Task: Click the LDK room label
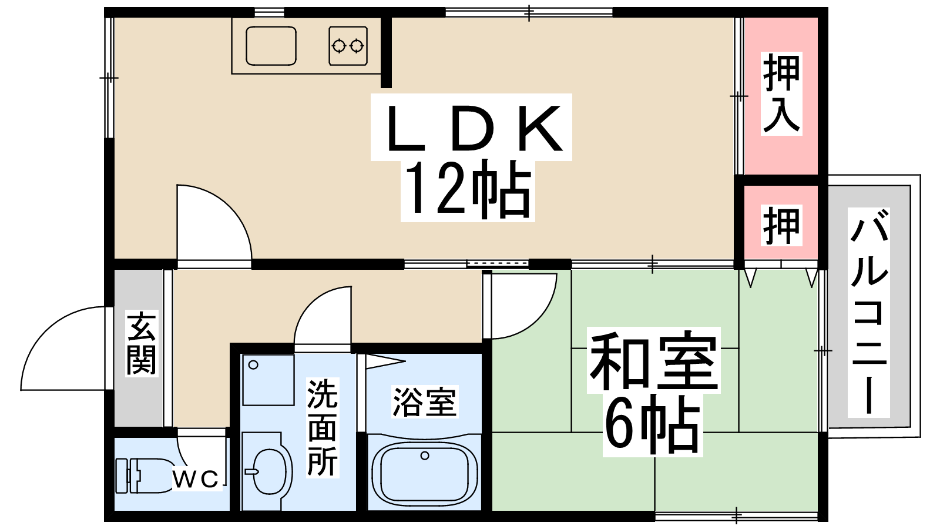point(474,128)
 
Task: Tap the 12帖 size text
point(468,190)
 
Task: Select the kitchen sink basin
point(271,46)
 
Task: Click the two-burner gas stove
point(348,46)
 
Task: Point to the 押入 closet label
point(781,93)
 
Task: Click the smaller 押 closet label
point(781,226)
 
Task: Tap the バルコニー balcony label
point(869,313)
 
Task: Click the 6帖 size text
point(653,425)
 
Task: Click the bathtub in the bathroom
point(425,474)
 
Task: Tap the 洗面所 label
point(323,428)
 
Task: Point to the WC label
point(196,479)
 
